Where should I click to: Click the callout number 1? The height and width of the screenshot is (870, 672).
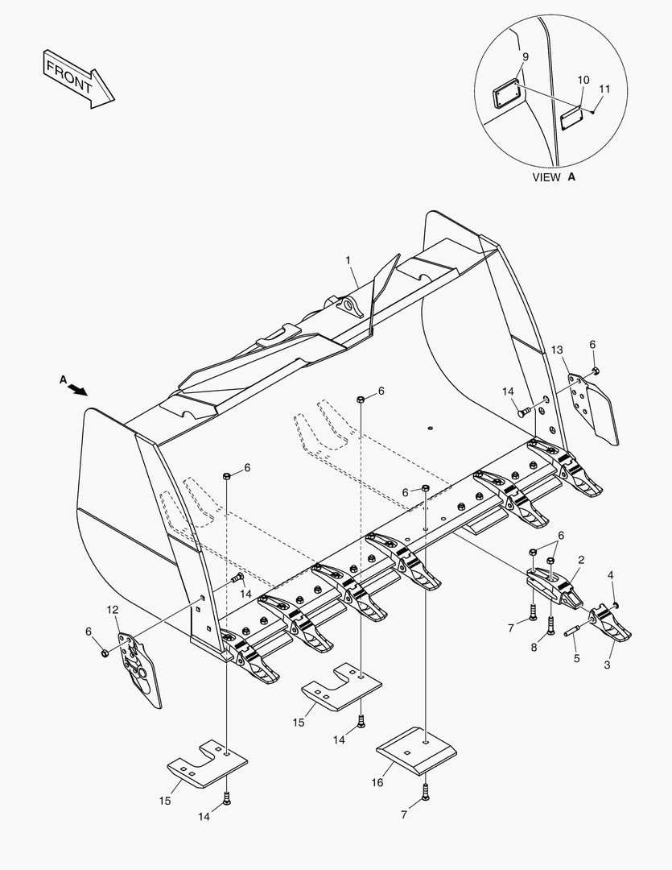click(x=348, y=260)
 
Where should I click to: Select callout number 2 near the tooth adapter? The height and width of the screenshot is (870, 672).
click(x=581, y=559)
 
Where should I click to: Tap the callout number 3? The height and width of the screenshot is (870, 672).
click(x=611, y=575)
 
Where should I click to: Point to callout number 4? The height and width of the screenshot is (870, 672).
click(x=575, y=658)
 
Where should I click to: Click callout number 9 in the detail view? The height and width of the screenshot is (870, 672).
click(x=525, y=57)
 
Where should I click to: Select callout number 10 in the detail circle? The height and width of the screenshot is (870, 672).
click(x=583, y=80)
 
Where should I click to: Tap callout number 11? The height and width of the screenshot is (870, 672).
click(x=604, y=89)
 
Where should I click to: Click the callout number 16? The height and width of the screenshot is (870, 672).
click(x=377, y=782)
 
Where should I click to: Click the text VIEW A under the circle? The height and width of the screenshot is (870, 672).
click(x=554, y=177)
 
